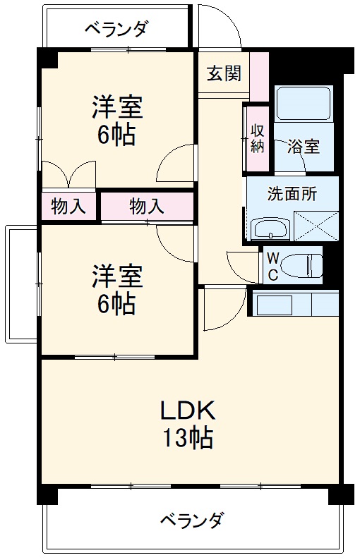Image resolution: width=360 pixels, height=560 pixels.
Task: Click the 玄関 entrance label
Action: [x=224, y=73]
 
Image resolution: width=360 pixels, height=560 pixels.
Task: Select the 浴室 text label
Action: [x=303, y=147]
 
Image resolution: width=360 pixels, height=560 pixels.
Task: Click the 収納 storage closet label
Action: [x=256, y=138]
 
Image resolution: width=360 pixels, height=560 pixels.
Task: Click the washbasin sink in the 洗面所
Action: [x=271, y=229]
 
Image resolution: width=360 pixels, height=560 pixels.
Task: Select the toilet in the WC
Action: [x=300, y=266]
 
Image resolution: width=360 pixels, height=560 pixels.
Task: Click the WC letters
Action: [x=272, y=266]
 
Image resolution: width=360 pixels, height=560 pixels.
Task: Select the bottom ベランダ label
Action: [x=191, y=521]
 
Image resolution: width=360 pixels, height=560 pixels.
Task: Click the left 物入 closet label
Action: [x=68, y=207]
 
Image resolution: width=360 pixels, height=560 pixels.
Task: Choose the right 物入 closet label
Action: [x=146, y=207]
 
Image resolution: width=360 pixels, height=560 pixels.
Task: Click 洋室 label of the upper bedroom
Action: [x=117, y=107]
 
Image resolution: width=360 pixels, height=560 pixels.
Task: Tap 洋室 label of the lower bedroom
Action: [x=117, y=276]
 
